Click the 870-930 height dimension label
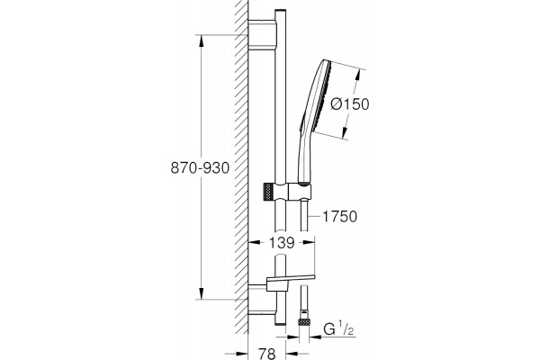tap(200, 167)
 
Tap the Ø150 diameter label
tap(349, 104)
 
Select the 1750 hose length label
tap(339, 217)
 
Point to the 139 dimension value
tap(282, 243)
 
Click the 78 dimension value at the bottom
tap(266, 354)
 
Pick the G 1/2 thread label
tap(338, 329)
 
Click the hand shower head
tap(317, 95)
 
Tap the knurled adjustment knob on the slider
tap(268, 192)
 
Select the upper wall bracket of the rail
tap(262, 34)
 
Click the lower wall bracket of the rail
tap(262, 300)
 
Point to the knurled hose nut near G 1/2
tap(304, 322)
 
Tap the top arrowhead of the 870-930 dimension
tap(201, 41)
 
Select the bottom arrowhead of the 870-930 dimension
tap(201, 292)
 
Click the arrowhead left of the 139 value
tap(255, 242)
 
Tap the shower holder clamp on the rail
tap(292, 192)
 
